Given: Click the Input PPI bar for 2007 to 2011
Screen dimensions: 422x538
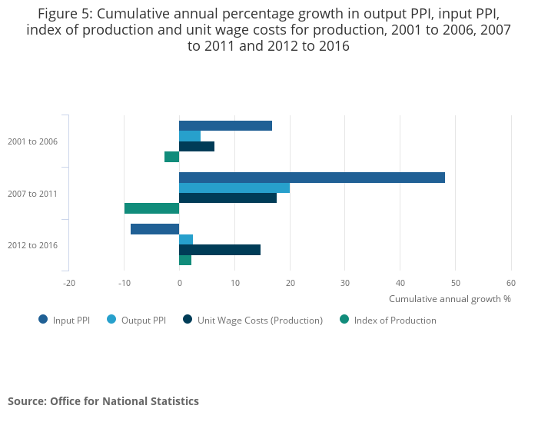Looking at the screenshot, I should point(311,178).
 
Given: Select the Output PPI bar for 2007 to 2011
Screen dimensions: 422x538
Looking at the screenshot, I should point(234,188).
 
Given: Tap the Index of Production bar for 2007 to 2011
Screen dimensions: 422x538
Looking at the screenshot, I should point(151,208).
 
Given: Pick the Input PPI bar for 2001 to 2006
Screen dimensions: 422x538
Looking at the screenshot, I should point(225,125).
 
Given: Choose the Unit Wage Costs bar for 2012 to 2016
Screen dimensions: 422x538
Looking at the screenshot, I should point(220,250).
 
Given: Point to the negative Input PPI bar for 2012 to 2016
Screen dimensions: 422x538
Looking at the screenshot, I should point(154,229).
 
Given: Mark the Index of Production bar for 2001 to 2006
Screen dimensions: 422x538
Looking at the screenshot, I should point(171,157).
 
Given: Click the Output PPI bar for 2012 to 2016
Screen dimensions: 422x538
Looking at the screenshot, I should point(186,239).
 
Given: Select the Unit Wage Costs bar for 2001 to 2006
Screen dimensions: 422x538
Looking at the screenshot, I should point(197,146).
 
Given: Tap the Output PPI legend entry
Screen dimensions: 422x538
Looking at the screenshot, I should point(143,320).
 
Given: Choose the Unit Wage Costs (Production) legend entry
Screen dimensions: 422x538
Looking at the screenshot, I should point(259,320).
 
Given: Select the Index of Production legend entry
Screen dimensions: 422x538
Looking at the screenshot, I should point(394,320).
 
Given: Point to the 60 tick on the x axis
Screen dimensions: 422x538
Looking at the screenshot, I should point(511,283).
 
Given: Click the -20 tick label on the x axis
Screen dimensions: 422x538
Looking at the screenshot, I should point(68,283).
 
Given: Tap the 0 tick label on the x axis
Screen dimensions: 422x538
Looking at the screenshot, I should point(179,283).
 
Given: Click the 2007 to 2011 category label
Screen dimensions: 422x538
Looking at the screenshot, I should point(32,194).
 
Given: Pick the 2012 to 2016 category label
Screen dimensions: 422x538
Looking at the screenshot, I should point(32,245).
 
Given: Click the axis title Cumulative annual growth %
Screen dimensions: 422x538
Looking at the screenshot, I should point(450,299).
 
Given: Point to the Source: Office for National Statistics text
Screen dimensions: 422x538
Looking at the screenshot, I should point(103,401).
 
